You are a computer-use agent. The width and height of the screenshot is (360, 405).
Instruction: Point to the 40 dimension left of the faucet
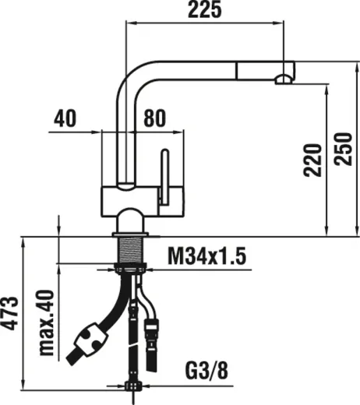tap(66, 119)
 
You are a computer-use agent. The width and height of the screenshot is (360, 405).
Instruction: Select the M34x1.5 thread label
tap(207, 255)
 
